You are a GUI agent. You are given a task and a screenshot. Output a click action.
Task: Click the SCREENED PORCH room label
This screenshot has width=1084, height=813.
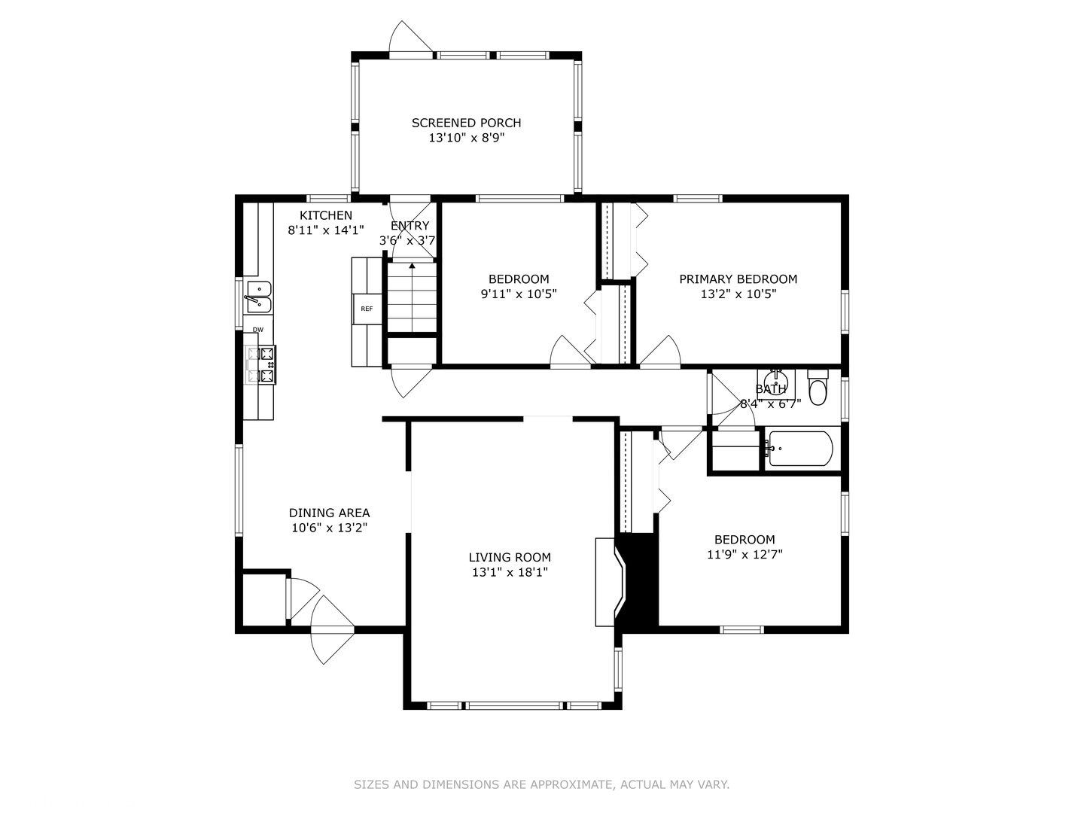466,123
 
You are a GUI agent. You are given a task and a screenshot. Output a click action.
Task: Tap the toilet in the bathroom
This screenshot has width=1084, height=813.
818,388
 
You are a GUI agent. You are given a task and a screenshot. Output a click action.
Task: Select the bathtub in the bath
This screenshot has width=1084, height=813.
800,449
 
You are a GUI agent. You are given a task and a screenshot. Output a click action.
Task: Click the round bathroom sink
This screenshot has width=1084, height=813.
775,379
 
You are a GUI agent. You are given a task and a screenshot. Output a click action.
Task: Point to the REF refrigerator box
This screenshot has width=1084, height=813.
367,309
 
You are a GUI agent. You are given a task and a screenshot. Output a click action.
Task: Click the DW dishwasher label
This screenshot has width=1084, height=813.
258,330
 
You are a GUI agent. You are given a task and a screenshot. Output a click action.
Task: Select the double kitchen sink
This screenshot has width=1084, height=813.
257,297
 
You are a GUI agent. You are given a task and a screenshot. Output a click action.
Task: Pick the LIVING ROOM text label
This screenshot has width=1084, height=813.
510,557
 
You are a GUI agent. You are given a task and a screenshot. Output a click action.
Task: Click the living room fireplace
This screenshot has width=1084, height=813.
610,582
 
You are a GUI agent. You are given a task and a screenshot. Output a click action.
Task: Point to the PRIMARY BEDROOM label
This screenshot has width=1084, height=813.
738,279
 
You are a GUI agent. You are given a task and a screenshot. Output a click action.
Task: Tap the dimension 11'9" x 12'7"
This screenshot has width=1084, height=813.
744,555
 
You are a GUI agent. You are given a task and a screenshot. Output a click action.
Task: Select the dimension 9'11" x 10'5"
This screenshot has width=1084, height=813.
519,294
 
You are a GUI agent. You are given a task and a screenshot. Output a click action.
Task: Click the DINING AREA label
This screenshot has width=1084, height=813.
329,513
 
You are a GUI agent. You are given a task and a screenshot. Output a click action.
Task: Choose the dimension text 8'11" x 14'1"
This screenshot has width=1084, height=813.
326,230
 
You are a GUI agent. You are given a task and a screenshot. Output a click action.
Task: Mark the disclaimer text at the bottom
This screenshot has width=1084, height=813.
541,784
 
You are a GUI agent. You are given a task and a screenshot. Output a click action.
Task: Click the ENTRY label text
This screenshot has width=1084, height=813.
410,226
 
